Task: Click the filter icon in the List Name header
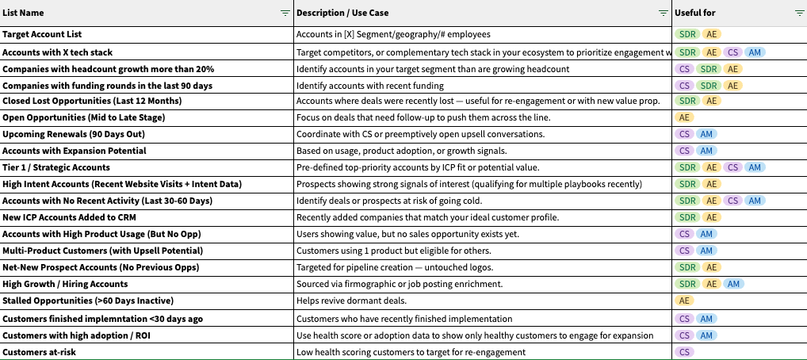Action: pyautogui.click(x=285, y=13)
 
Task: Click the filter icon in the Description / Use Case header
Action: pyautogui.click(x=664, y=13)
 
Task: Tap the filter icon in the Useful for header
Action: pyautogui.click(x=799, y=13)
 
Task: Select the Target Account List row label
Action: pyautogui.click(x=42, y=35)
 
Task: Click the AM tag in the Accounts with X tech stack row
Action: pyautogui.click(x=755, y=52)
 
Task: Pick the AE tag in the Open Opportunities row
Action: pyautogui.click(x=684, y=117)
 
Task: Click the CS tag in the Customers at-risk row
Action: pyautogui.click(x=684, y=351)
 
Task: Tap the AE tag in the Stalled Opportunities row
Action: pyautogui.click(x=684, y=301)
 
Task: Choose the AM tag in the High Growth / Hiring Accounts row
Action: pyautogui.click(x=734, y=284)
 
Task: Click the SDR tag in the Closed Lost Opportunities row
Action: pyautogui.click(x=687, y=101)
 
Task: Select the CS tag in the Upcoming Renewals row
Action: pyautogui.click(x=684, y=134)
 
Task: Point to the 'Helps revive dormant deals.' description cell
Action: pyautogui.click(x=352, y=301)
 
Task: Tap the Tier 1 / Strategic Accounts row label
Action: pyautogui.click(x=56, y=167)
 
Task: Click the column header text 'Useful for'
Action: pyautogui.click(x=696, y=13)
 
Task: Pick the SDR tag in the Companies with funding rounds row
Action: pyautogui.click(x=708, y=85)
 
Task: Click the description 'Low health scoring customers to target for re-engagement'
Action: pyautogui.click(x=411, y=351)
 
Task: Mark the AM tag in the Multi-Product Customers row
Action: pyautogui.click(x=706, y=251)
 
